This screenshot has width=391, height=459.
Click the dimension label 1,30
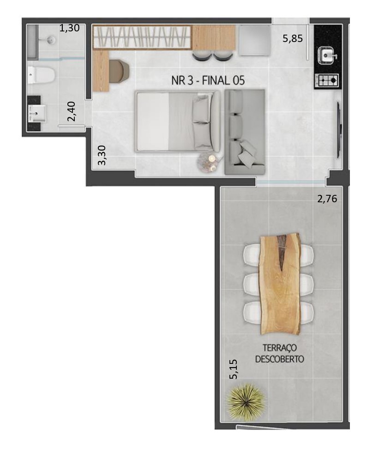[70, 28]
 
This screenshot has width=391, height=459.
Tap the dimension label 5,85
[293, 39]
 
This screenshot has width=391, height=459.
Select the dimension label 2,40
[73, 111]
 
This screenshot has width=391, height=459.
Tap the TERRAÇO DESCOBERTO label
[279, 353]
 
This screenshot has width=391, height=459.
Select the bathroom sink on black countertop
[37, 111]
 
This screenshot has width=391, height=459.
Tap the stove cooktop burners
[328, 80]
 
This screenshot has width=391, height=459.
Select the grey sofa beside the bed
[245, 132]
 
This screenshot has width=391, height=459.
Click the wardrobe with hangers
[142, 37]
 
